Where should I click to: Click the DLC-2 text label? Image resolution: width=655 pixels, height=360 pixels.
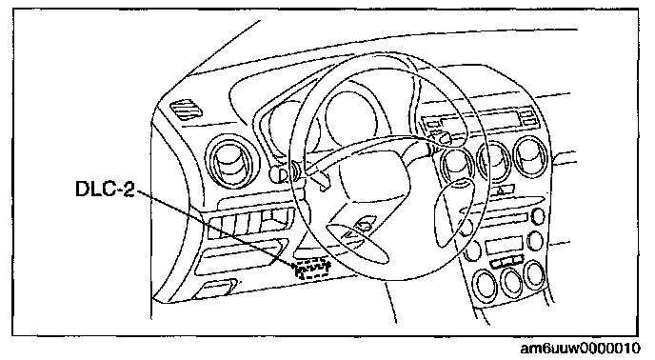(x=105, y=189)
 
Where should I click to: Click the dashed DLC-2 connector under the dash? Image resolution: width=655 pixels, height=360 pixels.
(x=312, y=269)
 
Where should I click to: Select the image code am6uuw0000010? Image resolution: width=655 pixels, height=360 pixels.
(x=580, y=349)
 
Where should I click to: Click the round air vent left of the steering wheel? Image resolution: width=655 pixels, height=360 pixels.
(x=232, y=161)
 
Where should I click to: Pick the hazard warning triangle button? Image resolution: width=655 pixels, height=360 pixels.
(x=501, y=190)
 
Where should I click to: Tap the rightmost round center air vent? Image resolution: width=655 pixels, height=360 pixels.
(x=531, y=156)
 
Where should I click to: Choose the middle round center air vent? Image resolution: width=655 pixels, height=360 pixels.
(x=495, y=161)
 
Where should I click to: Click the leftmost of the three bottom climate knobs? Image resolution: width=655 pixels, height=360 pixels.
(x=485, y=285)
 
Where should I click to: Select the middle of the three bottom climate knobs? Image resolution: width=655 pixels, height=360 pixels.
(x=511, y=280)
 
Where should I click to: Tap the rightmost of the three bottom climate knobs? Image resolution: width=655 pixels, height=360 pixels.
(x=535, y=274)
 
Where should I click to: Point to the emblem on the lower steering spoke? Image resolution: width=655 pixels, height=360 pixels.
(x=365, y=224)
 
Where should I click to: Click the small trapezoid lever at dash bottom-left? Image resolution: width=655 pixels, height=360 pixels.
(x=215, y=289)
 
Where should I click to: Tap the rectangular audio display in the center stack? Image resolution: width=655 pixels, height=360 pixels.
(x=505, y=246)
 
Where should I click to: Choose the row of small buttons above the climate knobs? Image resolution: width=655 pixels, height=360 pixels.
(x=506, y=261)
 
